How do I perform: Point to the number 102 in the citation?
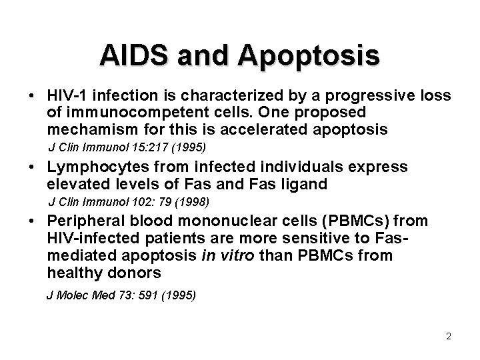click(x=132, y=201)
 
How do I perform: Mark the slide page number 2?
click(x=449, y=337)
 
